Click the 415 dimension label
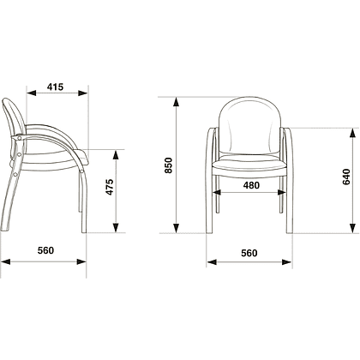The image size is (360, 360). [x=55, y=87]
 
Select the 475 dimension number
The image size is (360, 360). [x=110, y=187]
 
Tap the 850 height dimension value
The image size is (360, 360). [x=168, y=165]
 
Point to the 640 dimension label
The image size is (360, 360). [x=346, y=177]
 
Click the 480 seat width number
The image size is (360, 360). [x=251, y=185]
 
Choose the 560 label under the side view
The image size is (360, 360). [x=45, y=250]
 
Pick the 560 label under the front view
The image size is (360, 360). [x=249, y=253]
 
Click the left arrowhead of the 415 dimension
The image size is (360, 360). [x=32, y=93]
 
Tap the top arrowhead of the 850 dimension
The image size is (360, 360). [x=177, y=102]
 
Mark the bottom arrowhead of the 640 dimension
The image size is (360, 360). [x=353, y=228]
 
